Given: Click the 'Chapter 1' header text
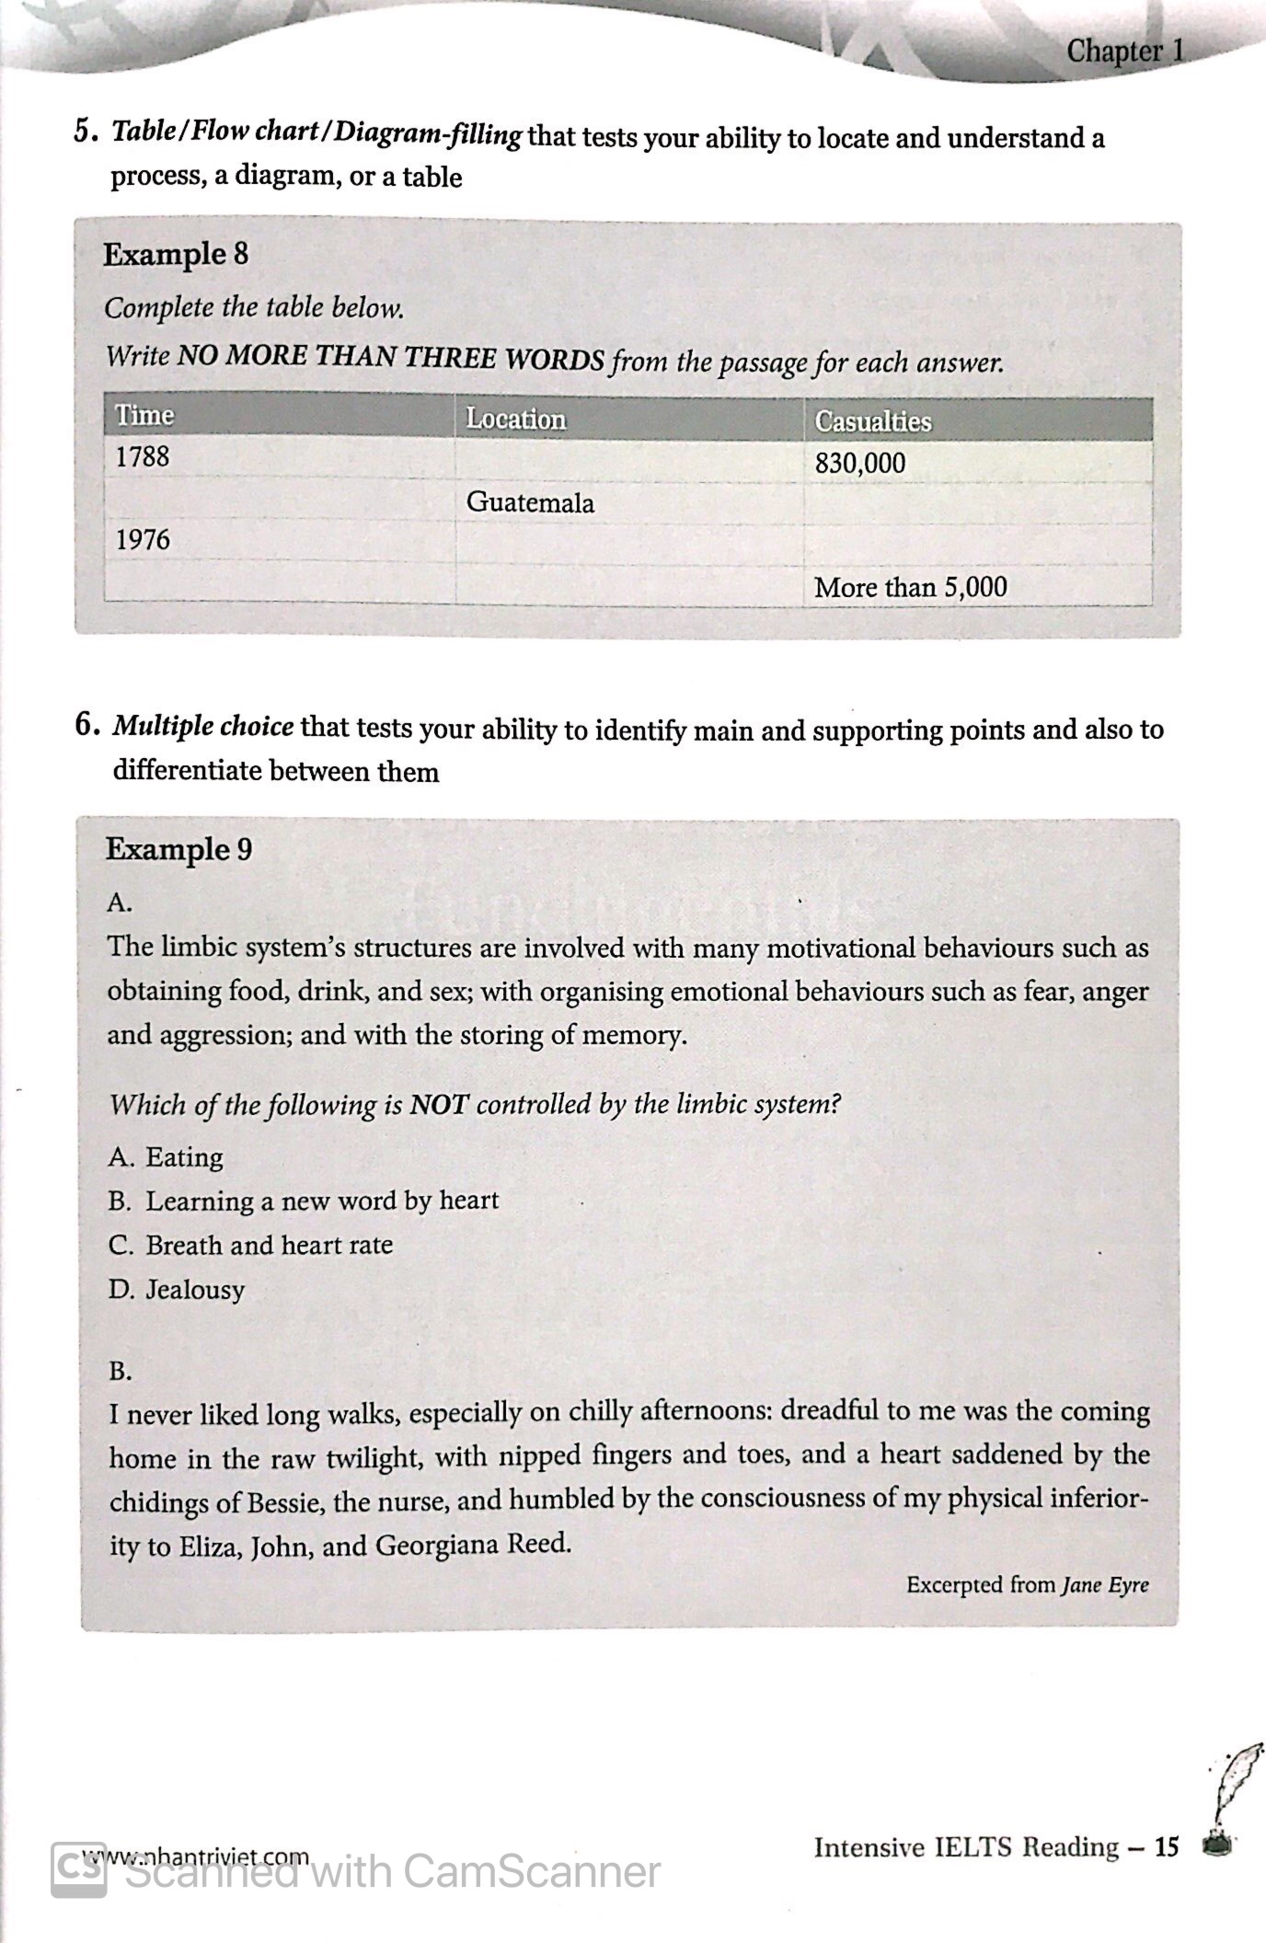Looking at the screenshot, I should (x=1125, y=52).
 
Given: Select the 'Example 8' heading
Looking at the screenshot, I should (x=175, y=254).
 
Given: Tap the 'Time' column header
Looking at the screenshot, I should (x=144, y=416).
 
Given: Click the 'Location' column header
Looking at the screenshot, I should (x=515, y=420).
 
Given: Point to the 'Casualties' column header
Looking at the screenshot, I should (x=872, y=422).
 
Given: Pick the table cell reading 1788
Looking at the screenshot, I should (x=143, y=456).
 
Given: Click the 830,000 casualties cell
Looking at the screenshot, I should (x=859, y=464).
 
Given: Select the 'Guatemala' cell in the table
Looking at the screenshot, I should (x=530, y=502).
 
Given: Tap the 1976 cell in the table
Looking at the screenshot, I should (x=143, y=539).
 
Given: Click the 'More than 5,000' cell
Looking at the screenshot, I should (x=910, y=587).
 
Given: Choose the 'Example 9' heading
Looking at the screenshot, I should (x=178, y=849).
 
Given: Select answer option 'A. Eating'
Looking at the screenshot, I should (x=166, y=1157).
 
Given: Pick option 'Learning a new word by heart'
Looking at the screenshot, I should (x=321, y=1201).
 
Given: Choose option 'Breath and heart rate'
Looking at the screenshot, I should (x=269, y=1245).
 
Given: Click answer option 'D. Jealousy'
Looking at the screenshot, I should (x=177, y=1290).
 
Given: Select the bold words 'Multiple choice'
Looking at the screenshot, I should (x=203, y=727).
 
